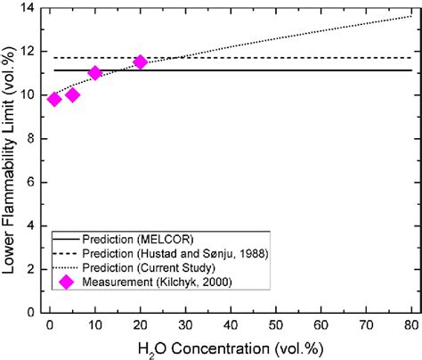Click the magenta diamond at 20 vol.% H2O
[140, 62]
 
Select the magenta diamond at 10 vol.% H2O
[95, 73]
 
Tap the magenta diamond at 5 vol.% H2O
[72, 94]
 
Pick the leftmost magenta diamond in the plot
[54, 99]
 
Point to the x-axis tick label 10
[95, 327]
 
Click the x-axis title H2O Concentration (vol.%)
[231, 348]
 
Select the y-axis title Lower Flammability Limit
[11, 160]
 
